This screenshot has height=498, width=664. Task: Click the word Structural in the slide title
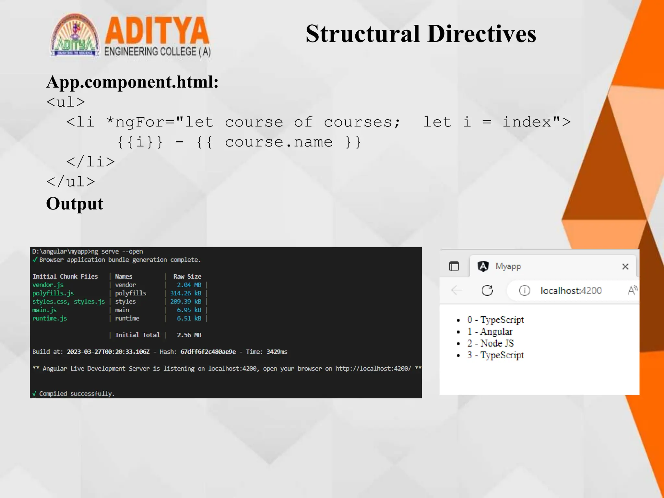363,34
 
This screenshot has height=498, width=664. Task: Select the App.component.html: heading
132,82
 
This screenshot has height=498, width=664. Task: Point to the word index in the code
527,122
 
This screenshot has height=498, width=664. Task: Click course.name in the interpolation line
279,142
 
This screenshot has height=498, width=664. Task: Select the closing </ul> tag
71,182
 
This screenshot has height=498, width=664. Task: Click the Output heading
75,204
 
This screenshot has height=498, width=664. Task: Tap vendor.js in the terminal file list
48,285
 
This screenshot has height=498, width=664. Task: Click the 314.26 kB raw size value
185,293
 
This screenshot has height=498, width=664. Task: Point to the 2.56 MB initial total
189,335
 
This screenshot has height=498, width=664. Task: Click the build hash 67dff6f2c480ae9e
208,352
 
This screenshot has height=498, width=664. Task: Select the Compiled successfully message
77,394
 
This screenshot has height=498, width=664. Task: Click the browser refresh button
487,290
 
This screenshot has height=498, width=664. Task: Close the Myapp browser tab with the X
625,267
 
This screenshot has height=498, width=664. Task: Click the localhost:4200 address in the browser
571,291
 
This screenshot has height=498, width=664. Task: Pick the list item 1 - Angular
490,332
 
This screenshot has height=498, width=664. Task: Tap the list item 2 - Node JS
490,343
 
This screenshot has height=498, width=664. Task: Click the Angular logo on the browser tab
483,267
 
